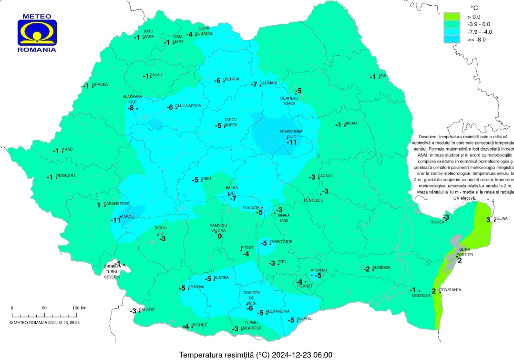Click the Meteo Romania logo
[37, 32]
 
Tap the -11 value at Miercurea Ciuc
[291, 142]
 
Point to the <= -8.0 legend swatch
[451, 40]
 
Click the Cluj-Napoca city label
[188, 106]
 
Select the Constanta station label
[450, 289]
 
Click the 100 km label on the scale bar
[80, 308]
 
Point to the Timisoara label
[66, 175]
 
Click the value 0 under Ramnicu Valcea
[220, 236]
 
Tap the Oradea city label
[100, 84]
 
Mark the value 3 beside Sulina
[488, 220]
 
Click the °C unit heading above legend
[474, 8]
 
